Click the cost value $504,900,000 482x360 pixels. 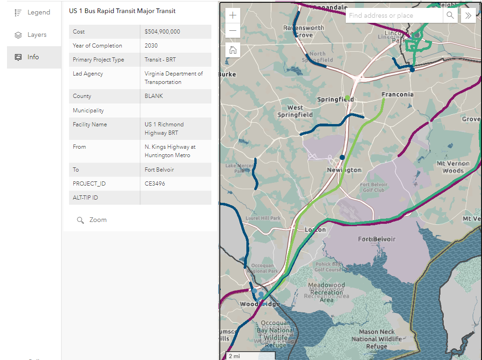coord(162,32)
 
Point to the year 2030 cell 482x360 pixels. coord(151,46)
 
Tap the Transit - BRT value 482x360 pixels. coord(160,60)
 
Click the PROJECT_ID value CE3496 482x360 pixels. coord(155,184)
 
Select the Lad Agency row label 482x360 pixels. coord(88,74)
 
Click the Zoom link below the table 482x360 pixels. coord(98,220)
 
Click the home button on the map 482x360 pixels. coord(233,50)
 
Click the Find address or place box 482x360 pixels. coord(393,15)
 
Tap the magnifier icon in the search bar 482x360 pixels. coord(450,15)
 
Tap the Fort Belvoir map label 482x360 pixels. coord(377,239)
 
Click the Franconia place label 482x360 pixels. coord(398,94)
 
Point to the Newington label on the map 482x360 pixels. coord(344,170)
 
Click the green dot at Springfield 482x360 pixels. coord(347,97)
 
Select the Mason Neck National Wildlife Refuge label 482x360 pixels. coord(377,339)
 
